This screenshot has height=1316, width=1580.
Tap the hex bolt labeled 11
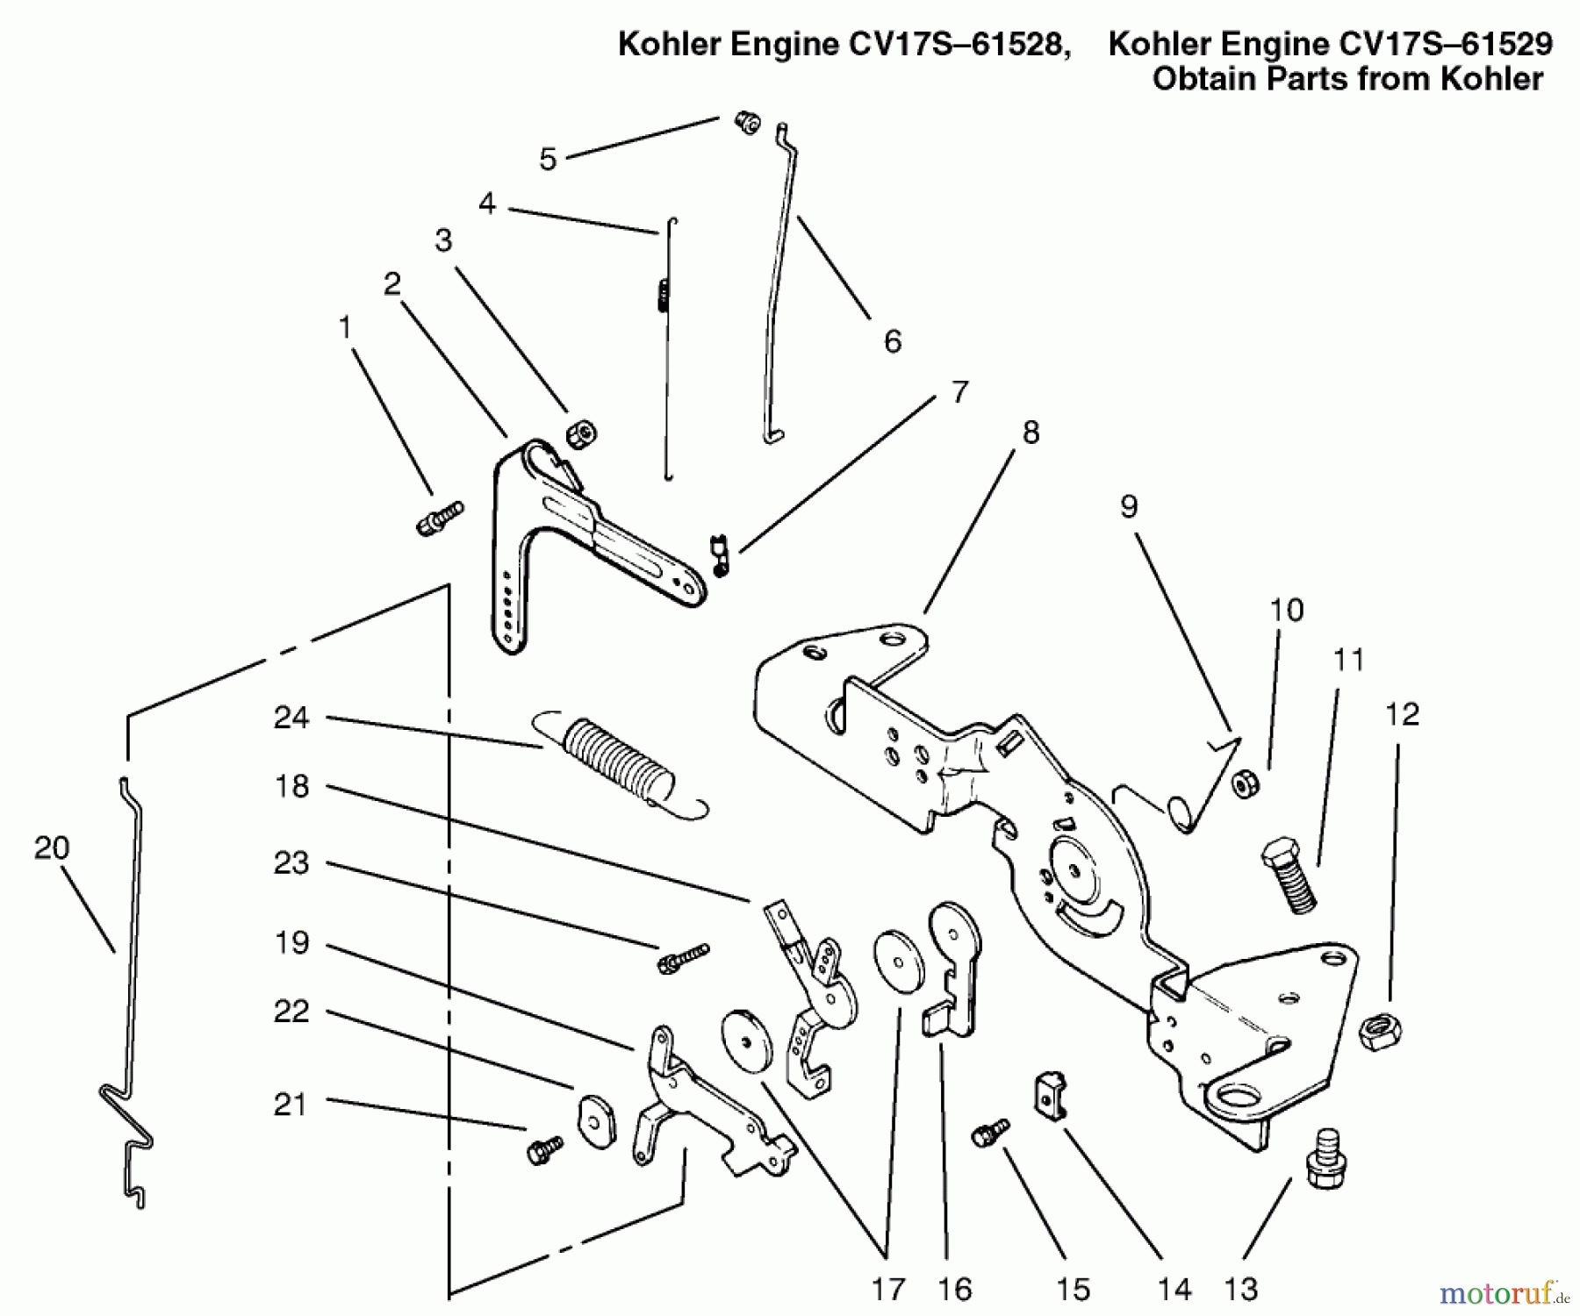(x=1290, y=874)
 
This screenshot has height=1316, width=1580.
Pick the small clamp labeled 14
(x=1048, y=1094)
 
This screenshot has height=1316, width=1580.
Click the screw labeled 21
(x=545, y=1148)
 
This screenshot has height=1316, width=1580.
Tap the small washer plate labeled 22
(x=596, y=1118)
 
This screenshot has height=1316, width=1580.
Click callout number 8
(x=1031, y=433)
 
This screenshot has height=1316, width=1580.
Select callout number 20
(x=52, y=848)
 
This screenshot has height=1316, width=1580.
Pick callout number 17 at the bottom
(x=887, y=1288)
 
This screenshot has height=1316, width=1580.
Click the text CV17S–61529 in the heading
(x=1421, y=43)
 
